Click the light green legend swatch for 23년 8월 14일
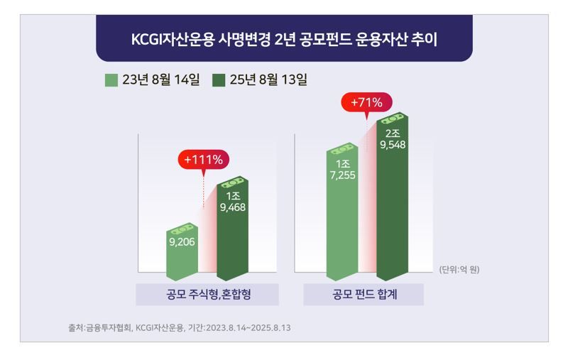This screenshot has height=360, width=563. pos(111,80)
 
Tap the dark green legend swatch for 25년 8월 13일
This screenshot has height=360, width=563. pos(219,80)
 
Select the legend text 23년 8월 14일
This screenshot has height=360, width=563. pos(161,80)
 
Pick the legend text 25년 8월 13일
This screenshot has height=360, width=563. pos(268,80)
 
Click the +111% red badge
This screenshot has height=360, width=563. pos(203,160)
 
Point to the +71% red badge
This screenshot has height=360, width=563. pos(366,103)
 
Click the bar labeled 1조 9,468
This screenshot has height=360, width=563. pos(232,231)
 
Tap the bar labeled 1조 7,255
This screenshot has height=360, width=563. pos(342,213)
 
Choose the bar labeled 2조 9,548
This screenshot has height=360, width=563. pos(392,199)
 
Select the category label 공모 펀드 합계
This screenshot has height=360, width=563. pos(364,295)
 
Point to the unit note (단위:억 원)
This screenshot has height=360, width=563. pos(459,269)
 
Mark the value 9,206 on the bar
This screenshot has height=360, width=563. pos(182,242)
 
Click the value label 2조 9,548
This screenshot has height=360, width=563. pos(392,139)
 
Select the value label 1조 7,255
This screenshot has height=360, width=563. pos(342,170)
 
